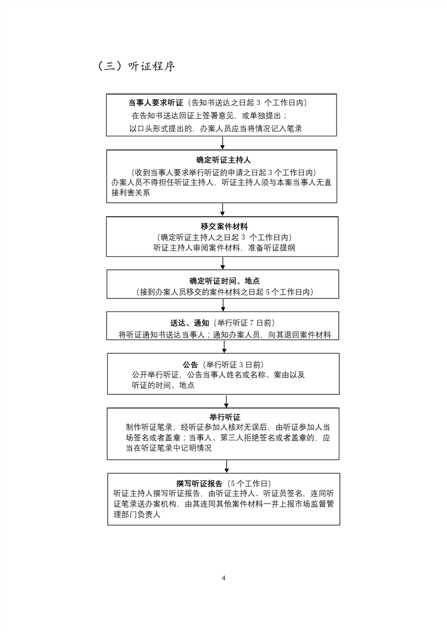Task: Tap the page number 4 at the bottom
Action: coord(223,578)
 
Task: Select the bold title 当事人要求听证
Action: coord(156,103)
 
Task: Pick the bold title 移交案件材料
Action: coord(224,226)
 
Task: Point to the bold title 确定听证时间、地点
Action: coord(225,281)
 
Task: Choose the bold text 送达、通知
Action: coord(189,323)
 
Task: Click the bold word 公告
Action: coord(191,365)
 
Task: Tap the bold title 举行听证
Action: coord(225,417)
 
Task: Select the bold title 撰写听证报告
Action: coord(200,484)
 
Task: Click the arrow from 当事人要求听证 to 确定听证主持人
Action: coord(222,143)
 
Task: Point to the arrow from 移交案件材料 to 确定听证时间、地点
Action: coord(223,263)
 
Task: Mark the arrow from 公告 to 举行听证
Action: coord(226,401)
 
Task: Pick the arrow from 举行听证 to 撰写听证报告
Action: coord(227,466)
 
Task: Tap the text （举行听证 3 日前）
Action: coord(233,365)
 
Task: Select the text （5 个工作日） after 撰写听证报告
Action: coord(249,484)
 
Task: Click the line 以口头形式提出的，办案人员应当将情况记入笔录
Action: coord(216,128)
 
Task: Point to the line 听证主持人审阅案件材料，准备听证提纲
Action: coord(224,248)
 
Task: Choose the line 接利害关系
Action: coord(131,193)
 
